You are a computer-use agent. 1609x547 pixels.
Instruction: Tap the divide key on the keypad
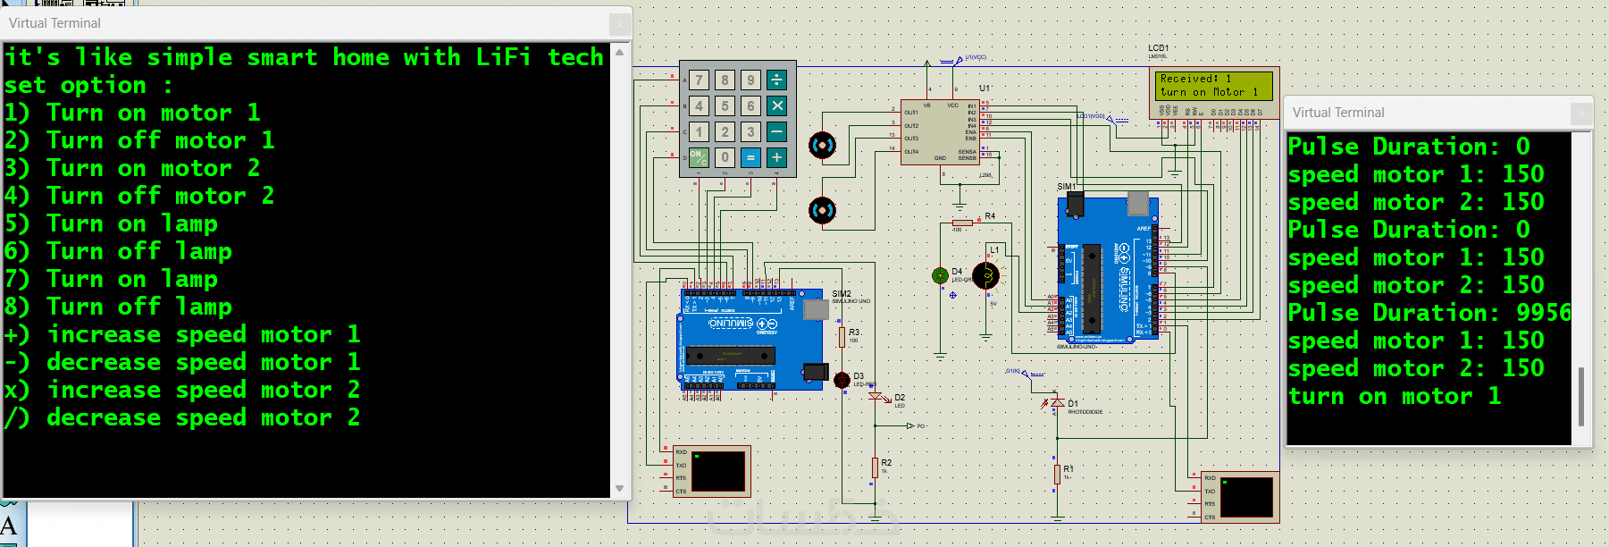pos(776,80)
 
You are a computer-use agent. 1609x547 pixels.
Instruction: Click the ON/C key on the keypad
pos(699,157)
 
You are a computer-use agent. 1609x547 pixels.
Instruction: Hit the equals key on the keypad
pos(750,157)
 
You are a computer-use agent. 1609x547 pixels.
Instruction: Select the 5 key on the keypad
pos(725,105)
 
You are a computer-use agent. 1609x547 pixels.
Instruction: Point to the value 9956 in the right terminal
pos(1543,313)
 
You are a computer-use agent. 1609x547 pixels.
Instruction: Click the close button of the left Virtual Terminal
pos(619,24)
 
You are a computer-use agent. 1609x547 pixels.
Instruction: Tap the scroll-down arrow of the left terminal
pos(620,488)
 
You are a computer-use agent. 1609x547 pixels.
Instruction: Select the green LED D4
pos(940,276)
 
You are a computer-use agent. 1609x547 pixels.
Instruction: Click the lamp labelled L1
pos(986,275)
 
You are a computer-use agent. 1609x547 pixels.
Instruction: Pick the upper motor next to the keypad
pos(822,145)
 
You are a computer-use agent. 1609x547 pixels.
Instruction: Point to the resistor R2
pos(875,467)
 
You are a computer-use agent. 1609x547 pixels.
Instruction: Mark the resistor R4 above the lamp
pos(962,222)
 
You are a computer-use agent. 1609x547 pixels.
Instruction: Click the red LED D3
pos(842,380)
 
